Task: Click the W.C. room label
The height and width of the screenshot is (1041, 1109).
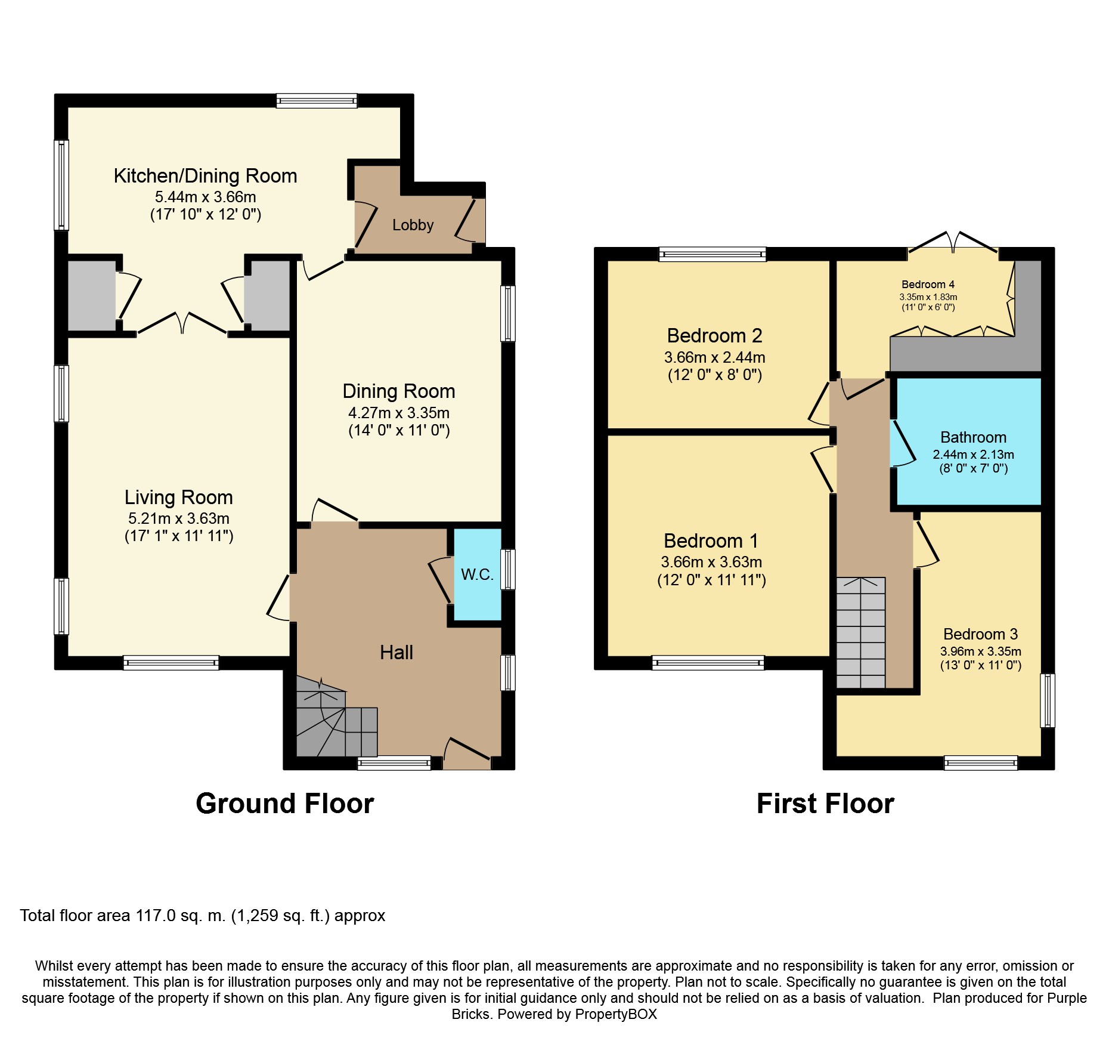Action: point(477,574)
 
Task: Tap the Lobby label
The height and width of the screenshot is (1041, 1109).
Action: point(413,225)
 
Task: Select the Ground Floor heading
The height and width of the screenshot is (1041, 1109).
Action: point(285,804)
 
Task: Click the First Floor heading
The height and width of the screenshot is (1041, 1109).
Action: point(825,804)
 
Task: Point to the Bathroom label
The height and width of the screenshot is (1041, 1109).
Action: point(973,437)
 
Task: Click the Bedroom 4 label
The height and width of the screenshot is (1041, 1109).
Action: point(928,285)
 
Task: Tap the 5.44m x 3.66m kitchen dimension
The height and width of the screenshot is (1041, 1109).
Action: point(206,197)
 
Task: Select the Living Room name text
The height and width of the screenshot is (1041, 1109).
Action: point(178,497)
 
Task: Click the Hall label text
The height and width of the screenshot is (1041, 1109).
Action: point(396,652)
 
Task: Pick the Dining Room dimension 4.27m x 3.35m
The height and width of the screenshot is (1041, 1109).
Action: point(399,413)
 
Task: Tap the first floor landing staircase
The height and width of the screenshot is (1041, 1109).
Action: point(860,633)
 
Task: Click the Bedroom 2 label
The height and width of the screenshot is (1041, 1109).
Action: point(714,336)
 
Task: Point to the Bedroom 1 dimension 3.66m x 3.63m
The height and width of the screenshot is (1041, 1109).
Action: point(711,562)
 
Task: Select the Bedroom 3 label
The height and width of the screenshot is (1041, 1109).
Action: point(980,634)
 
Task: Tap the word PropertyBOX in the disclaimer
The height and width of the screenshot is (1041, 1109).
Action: point(616,1014)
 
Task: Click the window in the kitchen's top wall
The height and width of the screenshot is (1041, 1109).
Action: point(317,101)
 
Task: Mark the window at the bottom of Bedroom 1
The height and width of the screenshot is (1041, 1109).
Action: point(708,663)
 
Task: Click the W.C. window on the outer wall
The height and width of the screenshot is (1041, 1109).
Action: point(508,569)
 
